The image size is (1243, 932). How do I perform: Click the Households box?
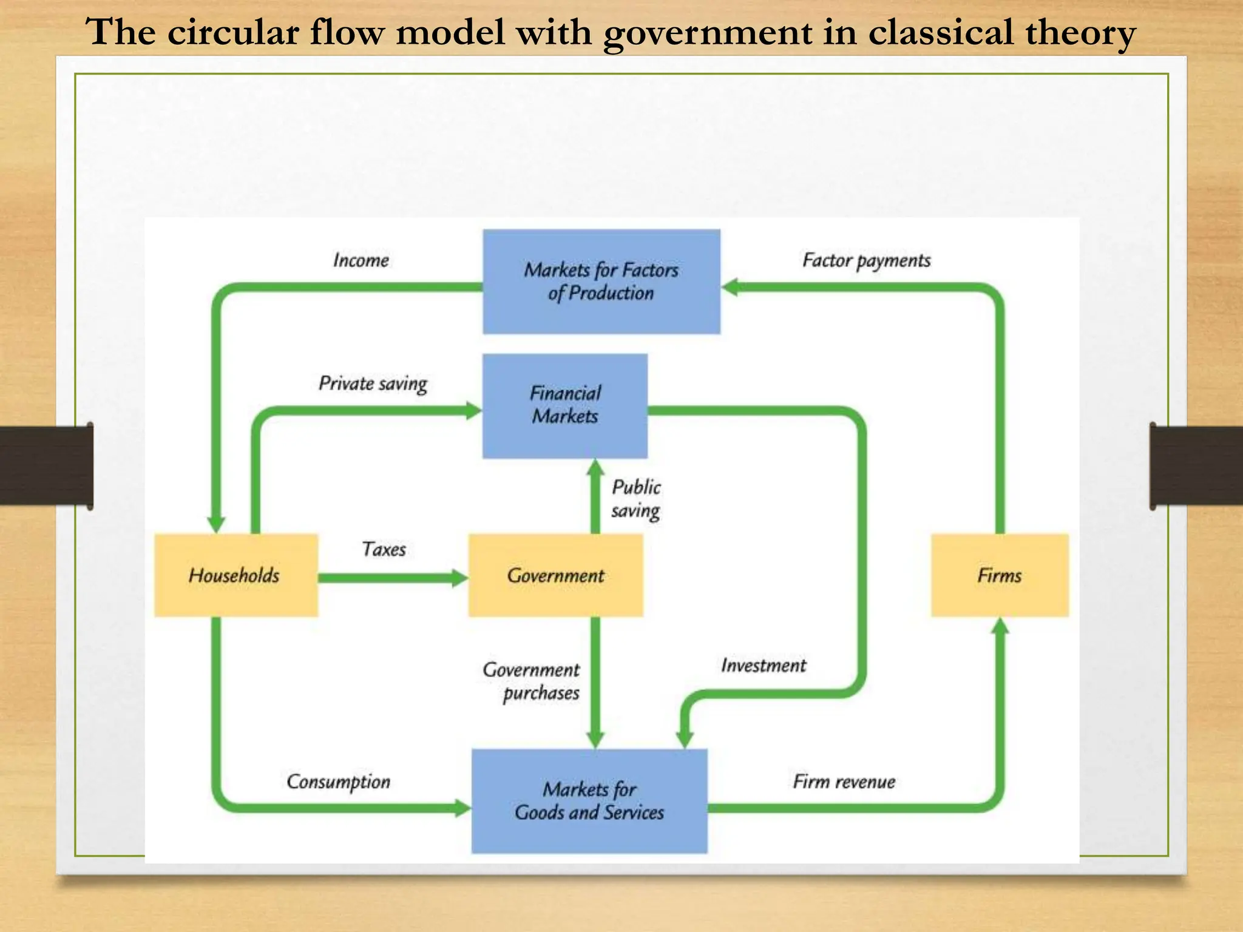(235, 575)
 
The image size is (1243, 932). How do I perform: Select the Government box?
(555, 575)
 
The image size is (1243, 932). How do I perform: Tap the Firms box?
(1000, 575)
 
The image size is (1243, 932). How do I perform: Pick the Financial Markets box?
(565, 405)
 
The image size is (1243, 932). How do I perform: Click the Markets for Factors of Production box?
(601, 282)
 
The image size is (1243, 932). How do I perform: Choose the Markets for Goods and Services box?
(589, 801)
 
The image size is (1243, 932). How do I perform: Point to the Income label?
(361, 260)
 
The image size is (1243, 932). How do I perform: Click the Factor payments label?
(866, 260)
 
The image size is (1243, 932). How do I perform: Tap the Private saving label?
(373, 383)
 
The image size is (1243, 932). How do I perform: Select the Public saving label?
(635, 499)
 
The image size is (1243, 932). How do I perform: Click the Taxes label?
(384, 549)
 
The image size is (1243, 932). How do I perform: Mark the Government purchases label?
(532, 681)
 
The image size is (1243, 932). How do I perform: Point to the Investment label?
(764, 666)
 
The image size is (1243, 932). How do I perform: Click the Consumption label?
(338, 782)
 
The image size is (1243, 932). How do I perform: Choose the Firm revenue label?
(844, 782)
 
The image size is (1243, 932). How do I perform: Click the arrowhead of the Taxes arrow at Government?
(460, 578)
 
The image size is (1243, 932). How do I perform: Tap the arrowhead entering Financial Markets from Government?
(595, 468)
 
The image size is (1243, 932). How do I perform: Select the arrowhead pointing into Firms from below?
(1000, 627)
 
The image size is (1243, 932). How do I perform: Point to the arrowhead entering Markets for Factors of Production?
(730, 287)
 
